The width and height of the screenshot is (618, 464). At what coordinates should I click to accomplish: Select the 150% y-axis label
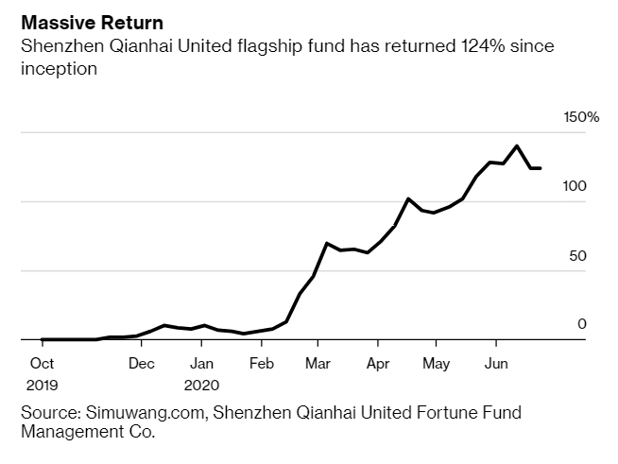point(581,117)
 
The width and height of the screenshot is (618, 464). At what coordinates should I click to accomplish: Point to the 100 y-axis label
point(575,186)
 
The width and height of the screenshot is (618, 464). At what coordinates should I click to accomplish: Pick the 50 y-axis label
point(578,255)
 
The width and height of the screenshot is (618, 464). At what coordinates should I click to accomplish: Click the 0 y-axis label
point(582,324)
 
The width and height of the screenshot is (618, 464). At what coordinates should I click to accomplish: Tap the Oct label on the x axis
point(42,363)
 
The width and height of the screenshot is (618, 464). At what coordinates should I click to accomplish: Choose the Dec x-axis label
point(141,363)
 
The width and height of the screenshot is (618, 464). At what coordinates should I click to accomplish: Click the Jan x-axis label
point(200,363)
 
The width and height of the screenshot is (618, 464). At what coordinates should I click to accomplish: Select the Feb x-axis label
point(261,363)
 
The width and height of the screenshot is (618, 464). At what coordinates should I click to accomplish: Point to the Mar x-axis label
point(318,363)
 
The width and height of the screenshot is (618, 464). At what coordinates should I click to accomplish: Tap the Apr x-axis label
point(378,363)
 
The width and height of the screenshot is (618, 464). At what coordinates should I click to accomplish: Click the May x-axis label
point(436,363)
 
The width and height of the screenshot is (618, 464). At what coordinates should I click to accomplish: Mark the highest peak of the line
point(517,146)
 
